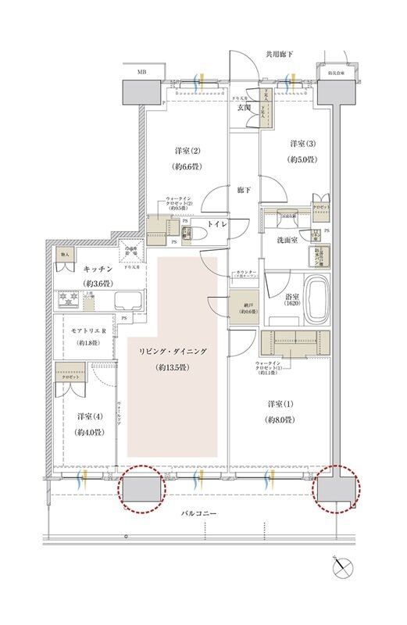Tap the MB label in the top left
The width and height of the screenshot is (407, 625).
143,72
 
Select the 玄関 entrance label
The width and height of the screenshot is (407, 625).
244,108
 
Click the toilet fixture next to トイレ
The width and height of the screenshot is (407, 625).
197,232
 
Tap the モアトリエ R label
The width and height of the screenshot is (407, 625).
91,331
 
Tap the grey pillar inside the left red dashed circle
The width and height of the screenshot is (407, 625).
142,488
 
